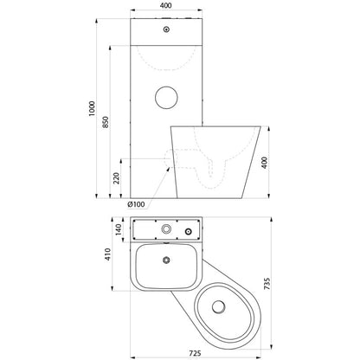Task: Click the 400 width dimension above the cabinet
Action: tap(166, 5)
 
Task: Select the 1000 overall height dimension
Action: tap(92, 108)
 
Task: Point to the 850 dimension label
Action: tap(106, 122)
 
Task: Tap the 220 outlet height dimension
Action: tap(117, 178)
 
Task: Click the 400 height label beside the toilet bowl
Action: tap(264, 163)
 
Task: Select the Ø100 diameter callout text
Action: tap(136, 204)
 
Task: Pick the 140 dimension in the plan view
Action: tap(119, 229)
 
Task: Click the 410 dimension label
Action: tap(107, 254)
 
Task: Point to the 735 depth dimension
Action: tap(267, 284)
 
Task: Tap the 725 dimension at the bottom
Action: tap(196, 353)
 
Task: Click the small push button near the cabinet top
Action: tap(166, 29)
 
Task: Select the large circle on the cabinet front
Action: tap(166, 98)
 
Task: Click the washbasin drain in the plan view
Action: tap(166, 260)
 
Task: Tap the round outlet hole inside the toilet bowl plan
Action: tap(218, 307)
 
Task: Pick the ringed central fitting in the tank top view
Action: tap(166, 229)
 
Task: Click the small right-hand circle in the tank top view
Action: tap(189, 231)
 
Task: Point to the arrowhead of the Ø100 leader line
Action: tap(168, 169)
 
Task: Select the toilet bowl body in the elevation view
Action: tap(215, 162)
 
